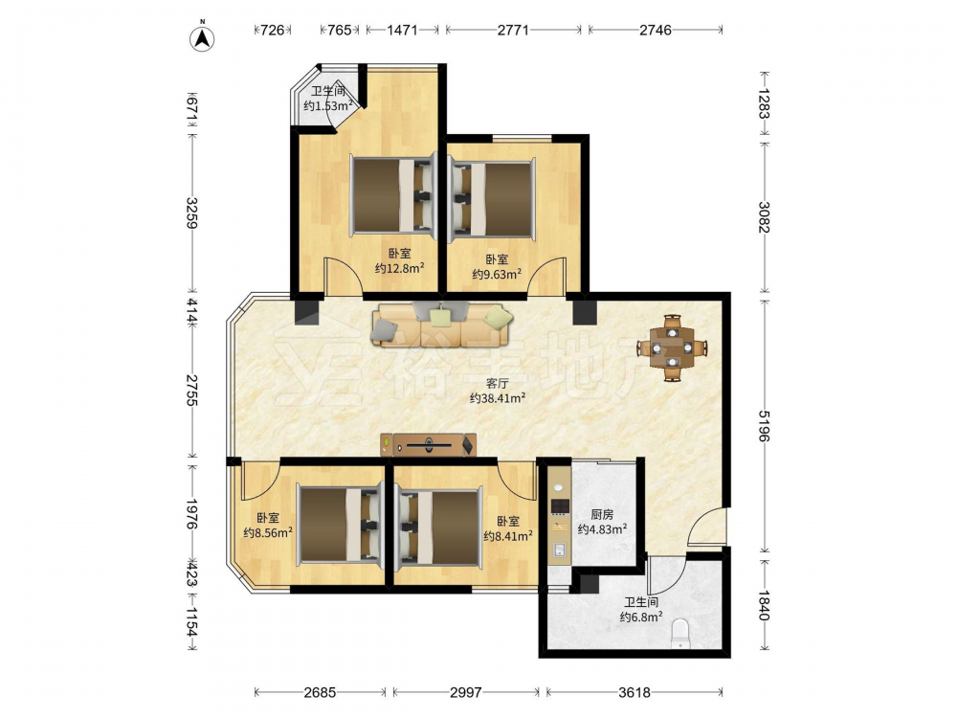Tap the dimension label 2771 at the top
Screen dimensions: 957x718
click(x=513, y=30)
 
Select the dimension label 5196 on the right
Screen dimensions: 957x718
click(x=764, y=426)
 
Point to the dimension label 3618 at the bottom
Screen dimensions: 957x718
click(x=634, y=692)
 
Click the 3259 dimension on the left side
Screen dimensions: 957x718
click(x=191, y=213)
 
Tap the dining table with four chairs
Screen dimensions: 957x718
click(x=672, y=348)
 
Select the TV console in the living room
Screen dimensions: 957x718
click(x=428, y=445)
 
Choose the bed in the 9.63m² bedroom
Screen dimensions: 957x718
click(x=492, y=196)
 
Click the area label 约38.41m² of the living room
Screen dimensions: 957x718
click(x=498, y=398)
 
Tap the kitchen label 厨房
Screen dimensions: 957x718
click(x=602, y=515)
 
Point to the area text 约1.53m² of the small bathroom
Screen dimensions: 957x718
click(x=329, y=105)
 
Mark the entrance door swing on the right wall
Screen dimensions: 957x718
click(x=707, y=526)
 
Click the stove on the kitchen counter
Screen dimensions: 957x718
click(x=560, y=506)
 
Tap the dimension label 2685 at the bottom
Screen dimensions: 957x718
click(x=320, y=692)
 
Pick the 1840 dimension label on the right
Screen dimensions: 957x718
click(x=764, y=604)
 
